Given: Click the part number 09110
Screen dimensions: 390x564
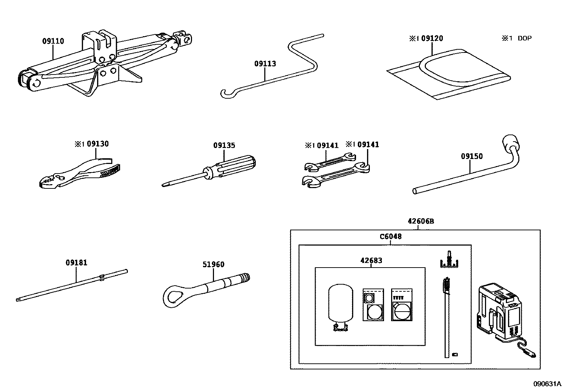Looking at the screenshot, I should pos(53,41).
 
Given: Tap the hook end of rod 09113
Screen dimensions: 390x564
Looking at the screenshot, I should pos(225,94).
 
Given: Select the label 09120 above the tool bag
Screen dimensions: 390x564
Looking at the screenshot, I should pos(432,38).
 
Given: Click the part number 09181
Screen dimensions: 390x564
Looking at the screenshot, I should pos(76,263).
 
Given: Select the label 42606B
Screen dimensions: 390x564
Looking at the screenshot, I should pos(421,221).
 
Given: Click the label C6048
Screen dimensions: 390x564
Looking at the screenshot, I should pos(390,237).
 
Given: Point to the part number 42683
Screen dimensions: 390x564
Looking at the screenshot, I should pos(371,260).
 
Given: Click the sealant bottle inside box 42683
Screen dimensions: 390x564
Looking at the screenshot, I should pos(341,303).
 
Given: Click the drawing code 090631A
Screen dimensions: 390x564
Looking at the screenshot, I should pos(548,384).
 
